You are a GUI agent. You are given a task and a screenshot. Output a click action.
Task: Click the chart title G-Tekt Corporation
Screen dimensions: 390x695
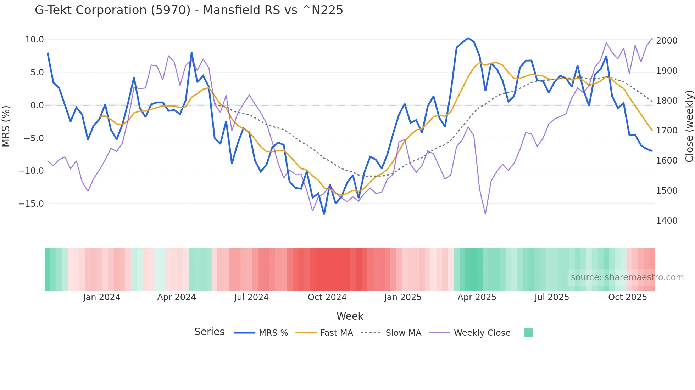click(189, 10)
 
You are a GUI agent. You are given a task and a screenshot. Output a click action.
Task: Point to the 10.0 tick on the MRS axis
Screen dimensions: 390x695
click(34, 40)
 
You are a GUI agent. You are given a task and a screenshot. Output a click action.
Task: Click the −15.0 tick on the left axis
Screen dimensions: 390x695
click(31, 204)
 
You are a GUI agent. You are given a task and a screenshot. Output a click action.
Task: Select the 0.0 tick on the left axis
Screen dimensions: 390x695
click(37, 105)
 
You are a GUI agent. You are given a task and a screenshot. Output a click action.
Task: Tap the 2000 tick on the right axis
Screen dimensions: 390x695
click(667, 41)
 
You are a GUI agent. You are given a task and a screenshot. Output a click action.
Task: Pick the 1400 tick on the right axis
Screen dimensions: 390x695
click(667, 221)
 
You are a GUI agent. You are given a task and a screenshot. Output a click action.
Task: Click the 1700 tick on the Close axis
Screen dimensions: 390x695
click(667, 131)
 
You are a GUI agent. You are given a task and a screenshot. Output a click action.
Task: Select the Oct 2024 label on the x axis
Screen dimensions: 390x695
click(327, 297)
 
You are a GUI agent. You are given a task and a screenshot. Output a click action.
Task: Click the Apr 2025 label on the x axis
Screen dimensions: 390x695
click(477, 297)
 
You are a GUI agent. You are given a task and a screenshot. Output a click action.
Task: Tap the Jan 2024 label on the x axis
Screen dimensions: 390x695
click(102, 297)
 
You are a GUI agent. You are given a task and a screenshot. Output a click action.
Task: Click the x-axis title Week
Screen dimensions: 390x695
click(350, 316)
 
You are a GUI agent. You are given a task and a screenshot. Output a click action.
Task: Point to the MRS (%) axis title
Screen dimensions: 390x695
click(6, 126)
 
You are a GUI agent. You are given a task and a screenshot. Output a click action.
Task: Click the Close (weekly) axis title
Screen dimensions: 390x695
click(689, 126)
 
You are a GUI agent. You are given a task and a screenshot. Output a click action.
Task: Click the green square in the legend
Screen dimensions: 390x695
click(528, 333)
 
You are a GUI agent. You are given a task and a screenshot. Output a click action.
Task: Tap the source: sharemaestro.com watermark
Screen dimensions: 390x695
click(627, 277)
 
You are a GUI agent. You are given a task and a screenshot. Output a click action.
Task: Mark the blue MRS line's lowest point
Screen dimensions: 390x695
click(324, 214)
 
